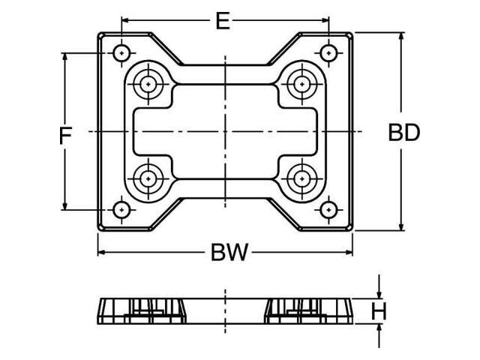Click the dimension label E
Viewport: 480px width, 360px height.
pos(222,20)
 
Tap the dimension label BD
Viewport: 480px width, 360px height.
pos(403,133)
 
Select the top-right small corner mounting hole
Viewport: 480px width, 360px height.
pos(328,53)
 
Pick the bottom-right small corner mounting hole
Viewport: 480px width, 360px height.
pos(328,209)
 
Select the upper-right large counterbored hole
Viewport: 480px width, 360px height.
pos(302,84)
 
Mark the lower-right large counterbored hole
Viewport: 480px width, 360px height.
pos(302,178)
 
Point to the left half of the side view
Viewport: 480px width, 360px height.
pos(142,310)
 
